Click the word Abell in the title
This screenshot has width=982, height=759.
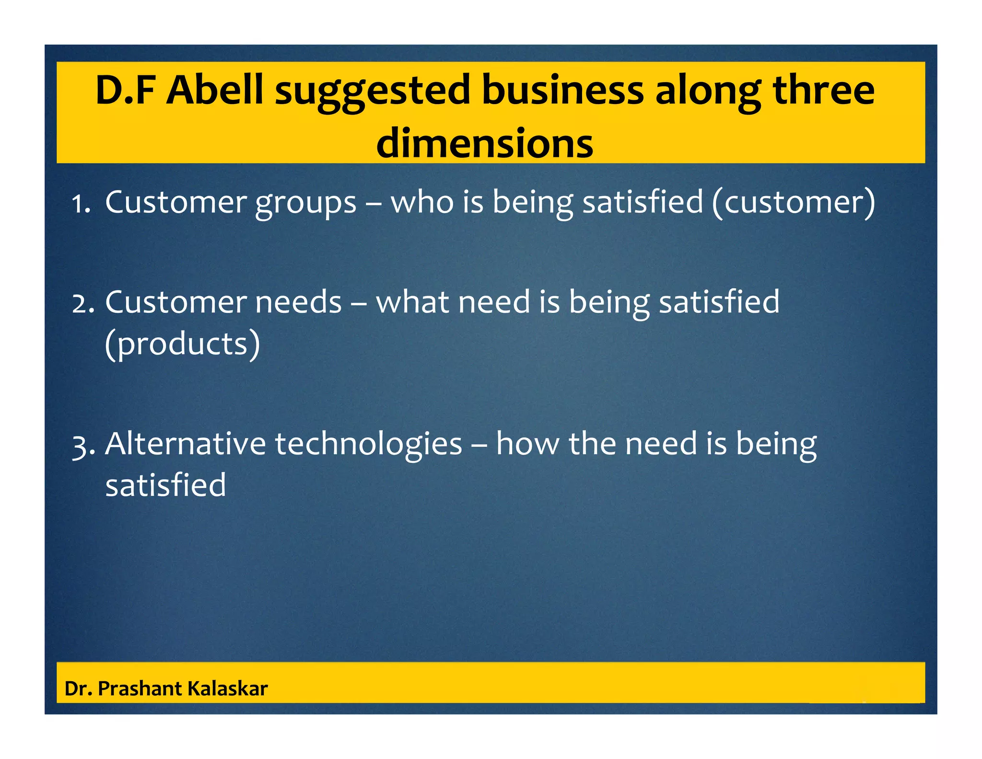point(214,90)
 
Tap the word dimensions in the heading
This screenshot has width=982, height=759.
point(485,143)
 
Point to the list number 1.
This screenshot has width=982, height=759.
point(81,204)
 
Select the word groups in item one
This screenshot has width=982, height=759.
point(305,203)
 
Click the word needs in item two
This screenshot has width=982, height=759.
point(298,302)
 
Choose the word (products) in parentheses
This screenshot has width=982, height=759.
point(182,344)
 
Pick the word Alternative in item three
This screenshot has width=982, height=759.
point(185,443)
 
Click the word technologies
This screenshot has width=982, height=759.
point(368,444)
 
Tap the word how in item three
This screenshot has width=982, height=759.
point(527,443)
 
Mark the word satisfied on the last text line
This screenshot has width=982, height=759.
point(165,485)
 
